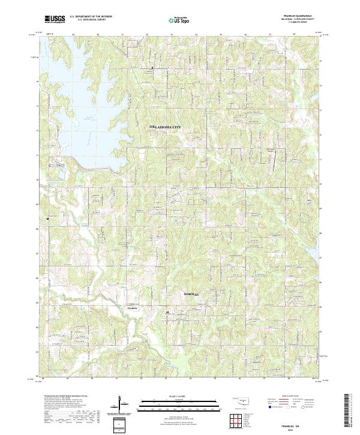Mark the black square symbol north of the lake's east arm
pos(152,68)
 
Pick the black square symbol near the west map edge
pos(47,219)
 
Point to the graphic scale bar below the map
pos(179,403)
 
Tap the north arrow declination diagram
pos(123,403)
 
